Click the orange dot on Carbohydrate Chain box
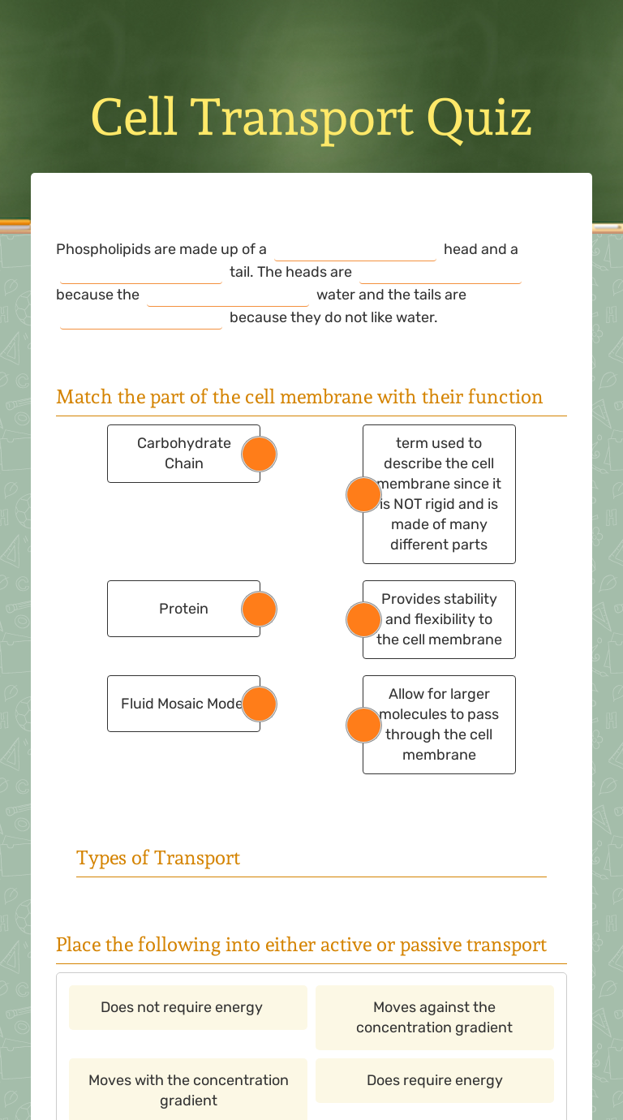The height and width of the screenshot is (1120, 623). coord(260,454)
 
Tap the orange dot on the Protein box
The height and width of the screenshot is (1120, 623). coord(260,609)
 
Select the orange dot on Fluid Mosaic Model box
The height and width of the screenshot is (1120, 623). coord(260,704)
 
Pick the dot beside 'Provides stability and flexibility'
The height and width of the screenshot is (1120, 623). coord(363,619)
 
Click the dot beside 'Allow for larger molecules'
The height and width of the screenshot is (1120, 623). coord(363,725)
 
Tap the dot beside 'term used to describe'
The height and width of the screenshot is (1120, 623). coord(363,494)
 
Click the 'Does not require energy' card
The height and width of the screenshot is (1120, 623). coord(188,1007)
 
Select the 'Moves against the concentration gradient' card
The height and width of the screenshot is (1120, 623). coord(435,1017)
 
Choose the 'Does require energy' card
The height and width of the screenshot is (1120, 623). coord(435,1080)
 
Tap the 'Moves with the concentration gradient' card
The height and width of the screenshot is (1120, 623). coord(188,1090)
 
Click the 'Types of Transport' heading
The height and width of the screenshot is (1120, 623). coord(158,858)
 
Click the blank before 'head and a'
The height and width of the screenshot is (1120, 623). coord(355,250)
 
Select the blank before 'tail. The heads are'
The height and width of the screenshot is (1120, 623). coord(141,273)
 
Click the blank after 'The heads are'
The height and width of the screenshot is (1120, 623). coord(440,273)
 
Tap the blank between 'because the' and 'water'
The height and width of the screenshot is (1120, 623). coord(228,295)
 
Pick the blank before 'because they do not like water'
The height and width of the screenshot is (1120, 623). coord(141,318)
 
